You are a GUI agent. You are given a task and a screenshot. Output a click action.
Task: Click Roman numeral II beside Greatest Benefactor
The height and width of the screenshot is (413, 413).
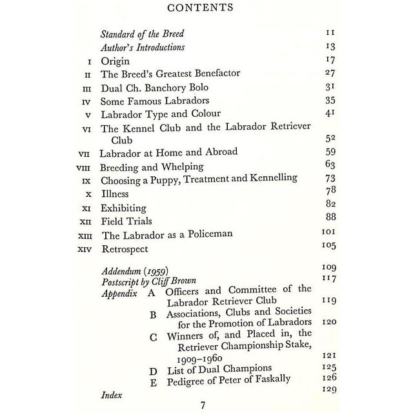[88, 74]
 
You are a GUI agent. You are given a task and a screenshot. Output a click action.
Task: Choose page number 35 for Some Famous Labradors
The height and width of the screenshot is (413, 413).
[330, 101]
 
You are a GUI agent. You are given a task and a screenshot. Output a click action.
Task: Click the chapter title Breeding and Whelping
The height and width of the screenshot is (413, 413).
[152, 166]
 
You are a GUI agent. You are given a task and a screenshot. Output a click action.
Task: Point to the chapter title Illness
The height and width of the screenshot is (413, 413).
[115, 193]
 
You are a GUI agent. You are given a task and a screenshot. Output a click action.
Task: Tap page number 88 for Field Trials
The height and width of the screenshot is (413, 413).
[330, 217]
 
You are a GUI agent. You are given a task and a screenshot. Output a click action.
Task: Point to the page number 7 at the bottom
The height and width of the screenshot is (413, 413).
[202, 405]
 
